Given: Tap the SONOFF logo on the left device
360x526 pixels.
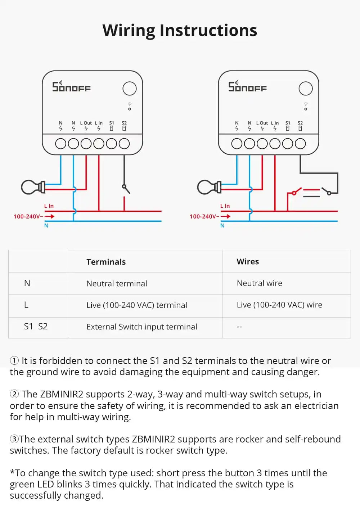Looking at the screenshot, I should point(71,87).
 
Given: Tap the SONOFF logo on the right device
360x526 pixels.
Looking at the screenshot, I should point(247,87).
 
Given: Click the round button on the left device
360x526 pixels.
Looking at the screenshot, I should point(130,89).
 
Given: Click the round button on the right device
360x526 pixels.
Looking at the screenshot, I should point(306,89).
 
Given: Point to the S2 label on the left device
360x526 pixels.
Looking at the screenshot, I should point(124,123).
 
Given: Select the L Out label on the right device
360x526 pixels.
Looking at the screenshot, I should point(262,123).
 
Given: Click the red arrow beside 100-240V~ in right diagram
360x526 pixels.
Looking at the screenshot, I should point(226,216).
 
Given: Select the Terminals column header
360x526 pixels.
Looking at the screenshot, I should point(106,262).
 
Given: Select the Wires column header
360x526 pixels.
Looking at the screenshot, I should point(248,262).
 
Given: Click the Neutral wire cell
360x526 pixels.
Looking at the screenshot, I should point(259,283).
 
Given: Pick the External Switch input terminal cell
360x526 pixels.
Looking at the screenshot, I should point(141,327).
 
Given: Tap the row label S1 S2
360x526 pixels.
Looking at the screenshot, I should point(36,327).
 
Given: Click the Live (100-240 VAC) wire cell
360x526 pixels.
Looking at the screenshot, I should point(279,305).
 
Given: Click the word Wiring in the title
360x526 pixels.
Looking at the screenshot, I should point(129,31).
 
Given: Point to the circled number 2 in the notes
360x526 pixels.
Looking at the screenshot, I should point(14,394).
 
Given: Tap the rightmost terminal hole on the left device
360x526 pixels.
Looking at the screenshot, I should point(124,144).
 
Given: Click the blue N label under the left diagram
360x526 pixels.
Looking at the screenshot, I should point(46,226).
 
